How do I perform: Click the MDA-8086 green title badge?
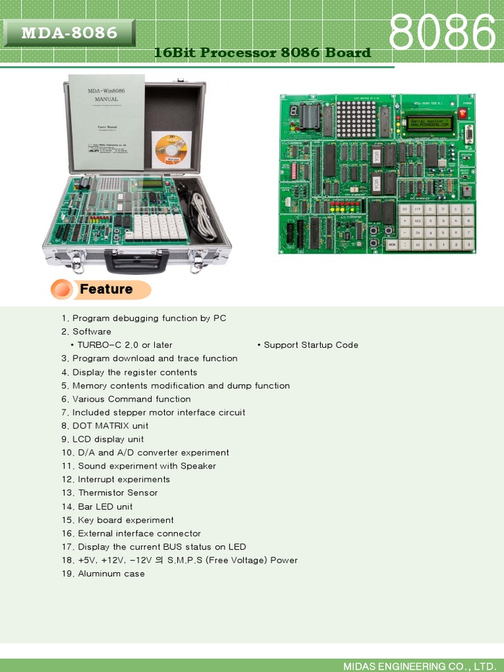[69, 33]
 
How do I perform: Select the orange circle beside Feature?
[62, 289]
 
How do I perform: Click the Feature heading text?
[106, 289]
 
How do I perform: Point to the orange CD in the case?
[171, 150]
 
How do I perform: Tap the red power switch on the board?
[463, 114]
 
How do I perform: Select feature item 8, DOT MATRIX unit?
[105, 426]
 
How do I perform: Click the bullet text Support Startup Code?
[310, 345]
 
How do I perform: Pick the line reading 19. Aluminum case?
[103, 574]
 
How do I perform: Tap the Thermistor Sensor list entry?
[110, 493]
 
